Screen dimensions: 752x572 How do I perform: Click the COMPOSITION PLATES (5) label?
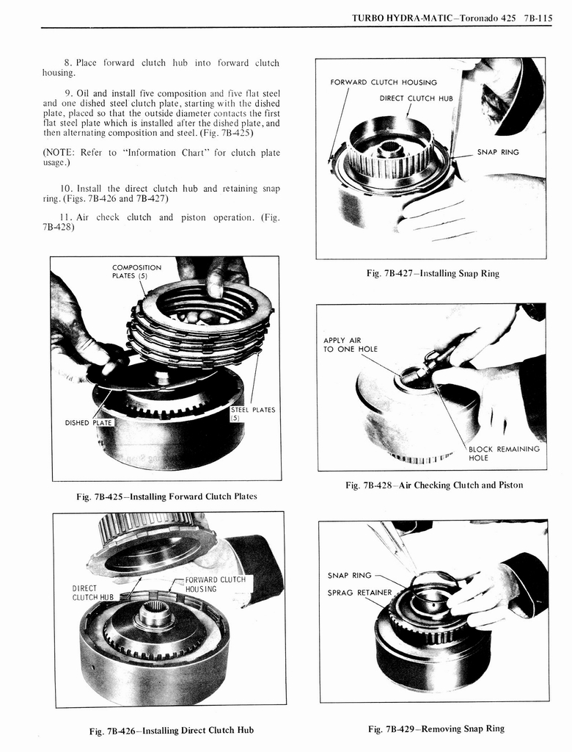click(x=136, y=272)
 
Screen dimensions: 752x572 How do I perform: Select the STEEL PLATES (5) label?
click(x=253, y=414)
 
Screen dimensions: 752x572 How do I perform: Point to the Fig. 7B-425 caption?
click(x=166, y=496)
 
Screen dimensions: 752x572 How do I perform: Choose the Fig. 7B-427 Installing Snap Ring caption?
click(x=433, y=273)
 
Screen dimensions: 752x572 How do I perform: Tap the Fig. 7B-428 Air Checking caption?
click(x=434, y=485)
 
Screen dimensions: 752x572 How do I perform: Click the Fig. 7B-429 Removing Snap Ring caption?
click(x=436, y=728)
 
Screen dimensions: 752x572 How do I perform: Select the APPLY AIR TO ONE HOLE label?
click(x=350, y=344)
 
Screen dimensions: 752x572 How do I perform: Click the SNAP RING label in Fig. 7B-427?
click(x=497, y=152)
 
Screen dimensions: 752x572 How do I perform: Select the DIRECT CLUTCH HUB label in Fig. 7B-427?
click(x=416, y=98)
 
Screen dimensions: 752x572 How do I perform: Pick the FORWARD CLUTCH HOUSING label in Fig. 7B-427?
click(x=393, y=82)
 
